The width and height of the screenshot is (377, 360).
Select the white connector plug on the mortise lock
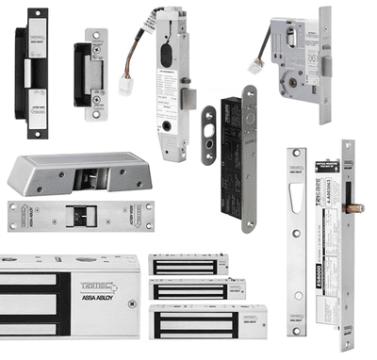[x=254, y=66]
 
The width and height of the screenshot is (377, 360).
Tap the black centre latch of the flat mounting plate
[x=81, y=214]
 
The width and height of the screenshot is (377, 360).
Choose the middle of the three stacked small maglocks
[x=199, y=289]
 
